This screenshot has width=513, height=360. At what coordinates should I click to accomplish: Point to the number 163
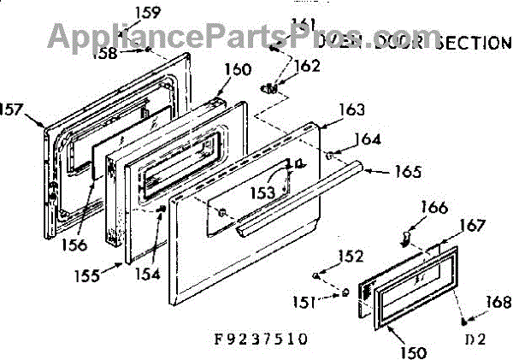click(351, 109)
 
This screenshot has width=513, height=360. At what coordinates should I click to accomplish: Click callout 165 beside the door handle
click(407, 171)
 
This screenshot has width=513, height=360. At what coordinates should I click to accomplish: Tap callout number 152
click(350, 256)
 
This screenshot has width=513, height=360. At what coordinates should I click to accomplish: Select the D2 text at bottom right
click(475, 339)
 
